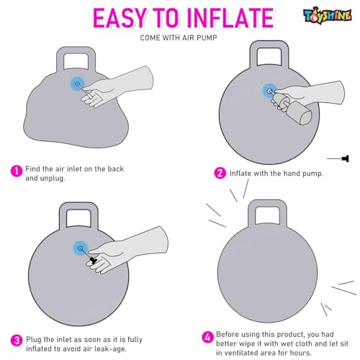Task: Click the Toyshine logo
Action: [x=328, y=15]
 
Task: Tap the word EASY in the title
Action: [x=120, y=18]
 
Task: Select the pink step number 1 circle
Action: [x=17, y=171]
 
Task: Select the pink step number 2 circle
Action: [x=220, y=173]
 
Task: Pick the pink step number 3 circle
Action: [x=17, y=341]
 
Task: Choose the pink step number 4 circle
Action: [x=207, y=337]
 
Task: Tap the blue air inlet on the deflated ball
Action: [x=77, y=84]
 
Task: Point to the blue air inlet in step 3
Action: [x=81, y=248]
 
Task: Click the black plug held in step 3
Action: [x=94, y=260]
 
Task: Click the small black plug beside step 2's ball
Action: [x=346, y=158]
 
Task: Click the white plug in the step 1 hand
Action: [x=85, y=92]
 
